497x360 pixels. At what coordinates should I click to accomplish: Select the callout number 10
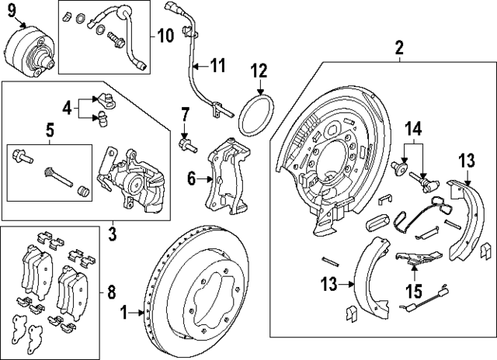click(166, 35)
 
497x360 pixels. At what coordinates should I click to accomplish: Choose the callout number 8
click(112, 292)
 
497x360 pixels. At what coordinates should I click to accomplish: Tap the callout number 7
click(185, 117)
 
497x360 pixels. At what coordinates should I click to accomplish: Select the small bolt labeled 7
click(186, 144)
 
